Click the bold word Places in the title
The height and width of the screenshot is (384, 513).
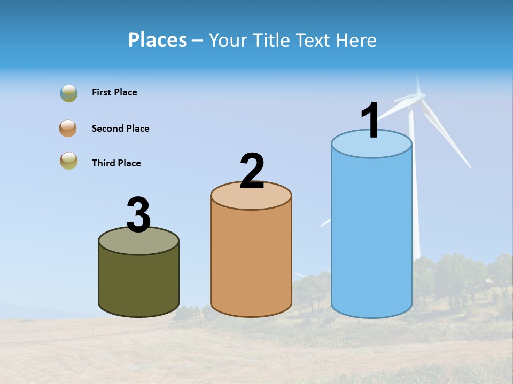[x=157, y=40]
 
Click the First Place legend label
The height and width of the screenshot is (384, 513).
[x=114, y=92]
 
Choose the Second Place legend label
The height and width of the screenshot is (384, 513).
[x=120, y=129]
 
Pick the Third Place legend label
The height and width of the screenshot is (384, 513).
[x=116, y=163]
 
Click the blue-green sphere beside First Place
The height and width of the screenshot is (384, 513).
[x=69, y=93]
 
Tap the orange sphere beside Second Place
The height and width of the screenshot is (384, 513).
[x=68, y=129]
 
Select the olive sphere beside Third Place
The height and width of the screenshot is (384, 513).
[x=69, y=161]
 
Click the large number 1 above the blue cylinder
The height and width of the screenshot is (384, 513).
[x=370, y=120]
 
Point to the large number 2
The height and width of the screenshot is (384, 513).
[x=252, y=171]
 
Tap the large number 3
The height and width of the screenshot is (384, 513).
[x=138, y=215]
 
